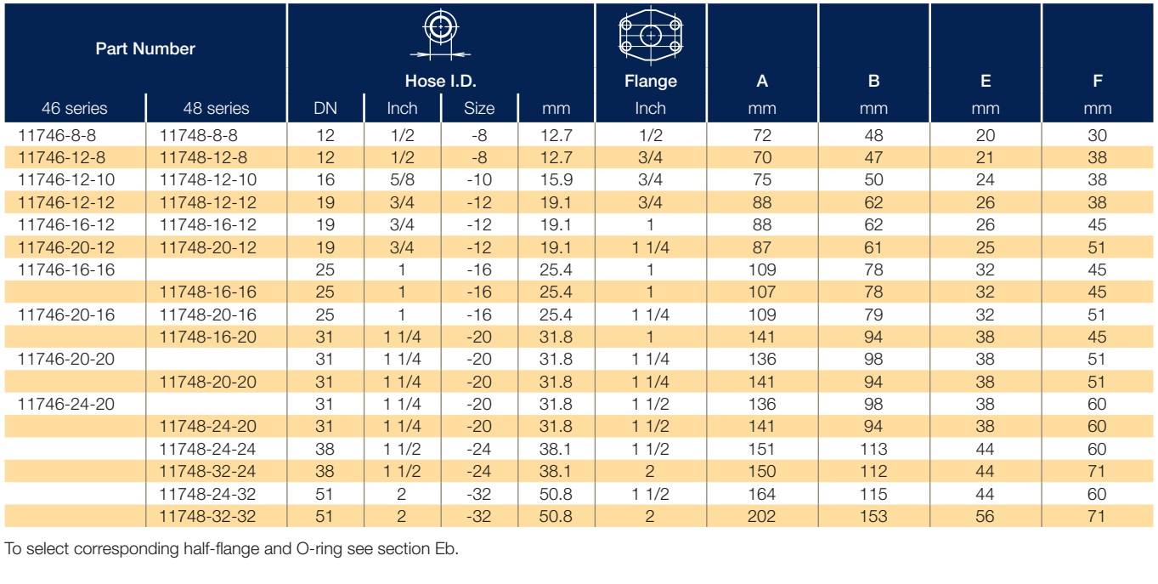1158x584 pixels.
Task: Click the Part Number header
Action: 145,48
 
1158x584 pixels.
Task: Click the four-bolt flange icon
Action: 650,36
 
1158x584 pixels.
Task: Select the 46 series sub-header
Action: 75,108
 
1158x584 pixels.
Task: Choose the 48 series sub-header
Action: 216,108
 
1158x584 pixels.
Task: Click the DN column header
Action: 325,108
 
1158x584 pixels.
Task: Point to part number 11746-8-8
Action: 57,135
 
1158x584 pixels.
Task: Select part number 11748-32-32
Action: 207,516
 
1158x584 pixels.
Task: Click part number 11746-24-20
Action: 66,404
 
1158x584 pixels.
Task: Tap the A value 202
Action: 761,516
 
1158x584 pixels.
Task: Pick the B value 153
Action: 873,516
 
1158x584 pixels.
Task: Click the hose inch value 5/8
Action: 402,180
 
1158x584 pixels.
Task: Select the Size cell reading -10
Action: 478,180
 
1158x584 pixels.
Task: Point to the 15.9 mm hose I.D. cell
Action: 556,180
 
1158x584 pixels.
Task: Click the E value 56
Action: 986,516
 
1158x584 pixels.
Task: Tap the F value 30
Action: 1097,135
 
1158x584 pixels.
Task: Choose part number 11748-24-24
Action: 207,449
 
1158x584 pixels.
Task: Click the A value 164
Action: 761,494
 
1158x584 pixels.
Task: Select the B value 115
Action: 873,494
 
